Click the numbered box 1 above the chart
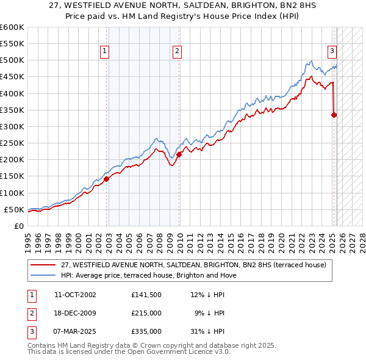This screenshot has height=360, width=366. click(x=106, y=51)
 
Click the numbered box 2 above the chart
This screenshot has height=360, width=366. click(x=177, y=51)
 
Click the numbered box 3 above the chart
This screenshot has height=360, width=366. click(x=332, y=51)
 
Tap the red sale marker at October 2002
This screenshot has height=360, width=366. click(x=106, y=179)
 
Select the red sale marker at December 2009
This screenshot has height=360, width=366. click(x=179, y=154)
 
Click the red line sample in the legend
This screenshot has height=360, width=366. click(x=43, y=265)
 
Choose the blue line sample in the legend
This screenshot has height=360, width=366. click(x=43, y=275)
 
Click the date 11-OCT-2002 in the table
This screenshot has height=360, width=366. click(x=75, y=295)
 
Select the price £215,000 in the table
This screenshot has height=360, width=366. click(x=146, y=313)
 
